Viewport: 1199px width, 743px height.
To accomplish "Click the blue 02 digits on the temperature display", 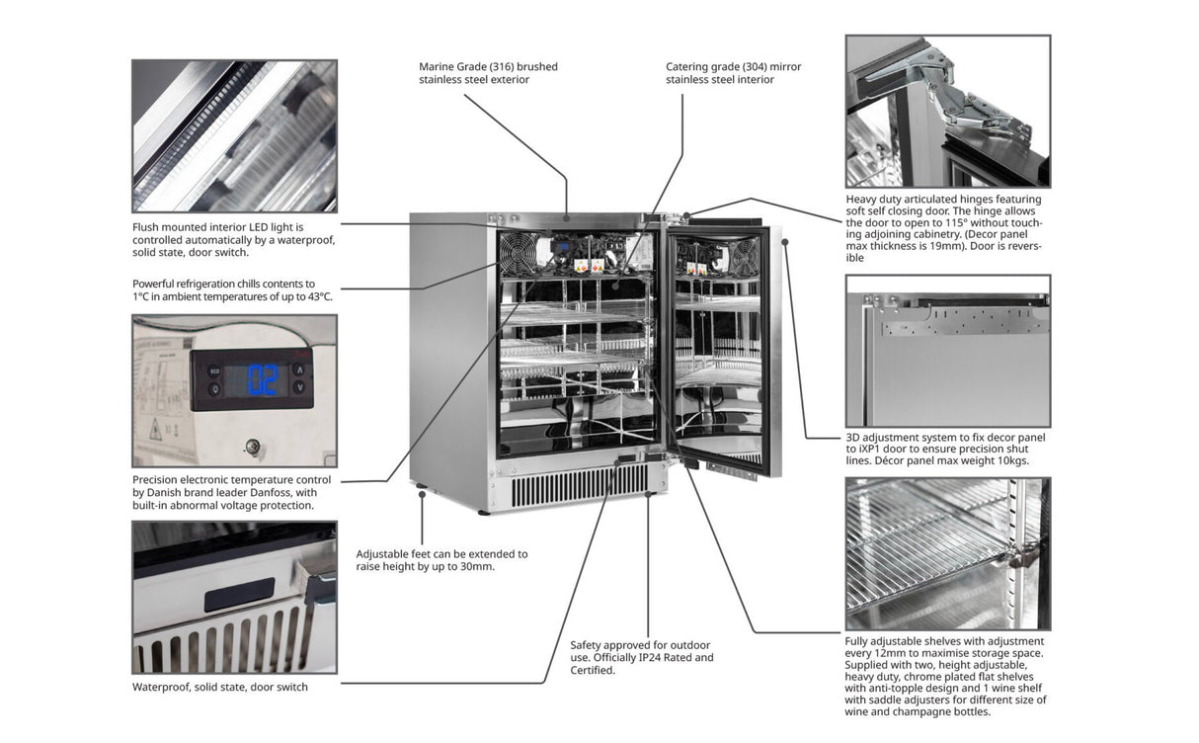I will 263,380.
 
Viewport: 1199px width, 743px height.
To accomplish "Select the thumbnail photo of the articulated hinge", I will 947,112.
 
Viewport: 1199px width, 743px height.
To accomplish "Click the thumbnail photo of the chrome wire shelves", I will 947,554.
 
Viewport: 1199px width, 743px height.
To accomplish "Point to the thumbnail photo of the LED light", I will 234,136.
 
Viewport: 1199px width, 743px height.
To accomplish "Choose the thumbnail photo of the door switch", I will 234,598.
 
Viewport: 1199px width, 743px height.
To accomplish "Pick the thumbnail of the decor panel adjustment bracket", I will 947,352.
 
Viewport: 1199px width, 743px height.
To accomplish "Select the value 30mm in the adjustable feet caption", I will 477,567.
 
